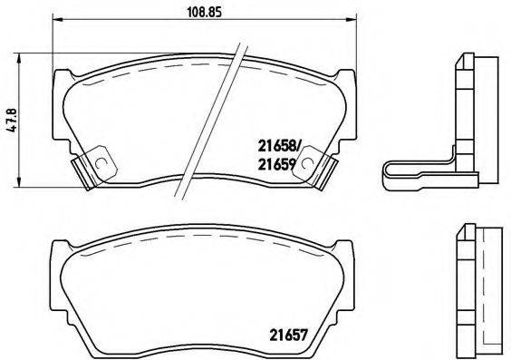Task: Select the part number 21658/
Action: [283, 143]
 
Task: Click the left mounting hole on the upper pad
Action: [101, 164]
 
